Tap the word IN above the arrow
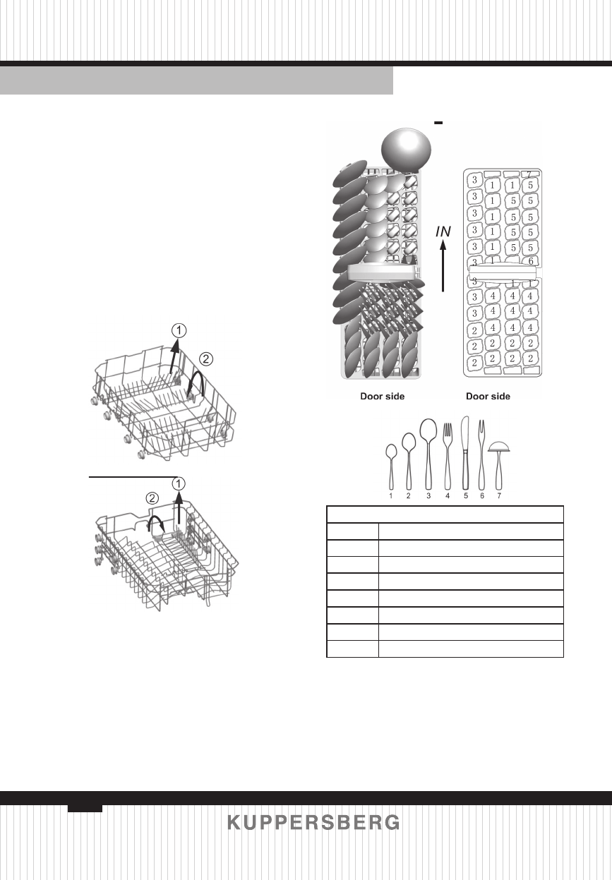[x=443, y=231]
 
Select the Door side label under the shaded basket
[x=382, y=397]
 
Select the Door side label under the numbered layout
[x=488, y=397]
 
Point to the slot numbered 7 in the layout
[x=529, y=174]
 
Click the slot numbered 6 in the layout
[x=530, y=260]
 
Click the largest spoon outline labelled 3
[x=428, y=452]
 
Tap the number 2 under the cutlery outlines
[x=409, y=496]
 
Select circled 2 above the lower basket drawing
[x=152, y=498]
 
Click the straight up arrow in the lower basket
[x=179, y=507]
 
